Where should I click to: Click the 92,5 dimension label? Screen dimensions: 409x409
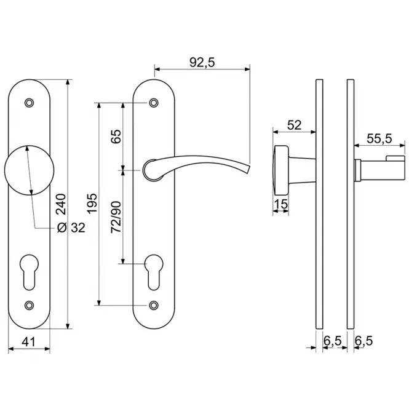point(202,63)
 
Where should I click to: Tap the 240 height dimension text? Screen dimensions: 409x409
point(62,204)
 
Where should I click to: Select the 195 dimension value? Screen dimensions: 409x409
point(92,204)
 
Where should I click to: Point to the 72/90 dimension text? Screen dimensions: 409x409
point(116,217)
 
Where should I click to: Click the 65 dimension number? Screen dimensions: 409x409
point(116,136)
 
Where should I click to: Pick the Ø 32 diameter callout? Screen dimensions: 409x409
point(71,228)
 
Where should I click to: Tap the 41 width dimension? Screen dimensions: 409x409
point(28,341)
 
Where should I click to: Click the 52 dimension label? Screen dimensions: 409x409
point(294,125)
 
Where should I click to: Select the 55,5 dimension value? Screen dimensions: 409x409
point(379,138)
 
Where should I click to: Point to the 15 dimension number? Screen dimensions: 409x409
point(281,204)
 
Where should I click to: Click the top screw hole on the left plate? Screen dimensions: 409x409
point(30,103)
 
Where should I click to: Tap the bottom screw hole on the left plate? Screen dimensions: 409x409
point(30,305)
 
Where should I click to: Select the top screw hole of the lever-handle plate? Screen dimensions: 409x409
point(154,103)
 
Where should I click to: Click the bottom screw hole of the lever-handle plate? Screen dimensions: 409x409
point(154,305)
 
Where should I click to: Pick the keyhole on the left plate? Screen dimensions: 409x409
point(30,272)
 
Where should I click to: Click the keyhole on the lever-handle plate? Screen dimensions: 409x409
point(154,272)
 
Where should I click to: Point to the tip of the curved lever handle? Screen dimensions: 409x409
point(249,169)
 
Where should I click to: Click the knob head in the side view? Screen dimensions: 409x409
point(281,170)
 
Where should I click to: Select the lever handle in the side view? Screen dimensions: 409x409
point(380,169)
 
